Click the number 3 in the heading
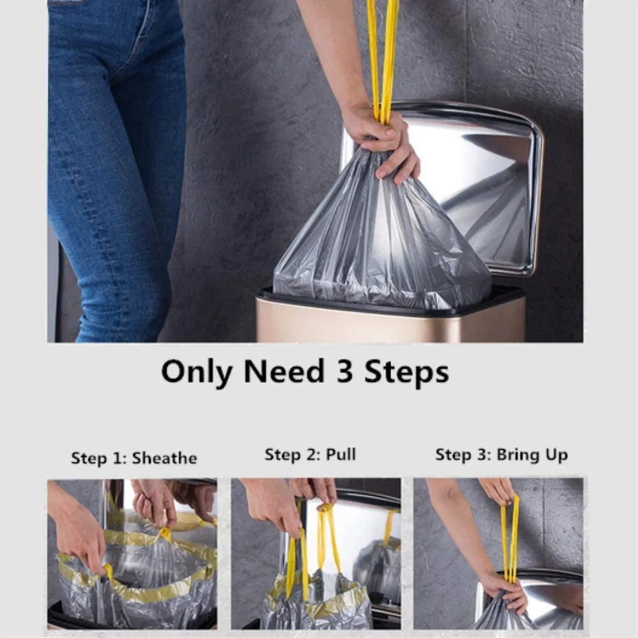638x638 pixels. [345, 371]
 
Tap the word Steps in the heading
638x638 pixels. [406, 371]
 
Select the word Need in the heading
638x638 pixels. [282, 371]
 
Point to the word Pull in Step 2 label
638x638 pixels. [341, 455]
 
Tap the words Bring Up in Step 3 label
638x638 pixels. [531, 455]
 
